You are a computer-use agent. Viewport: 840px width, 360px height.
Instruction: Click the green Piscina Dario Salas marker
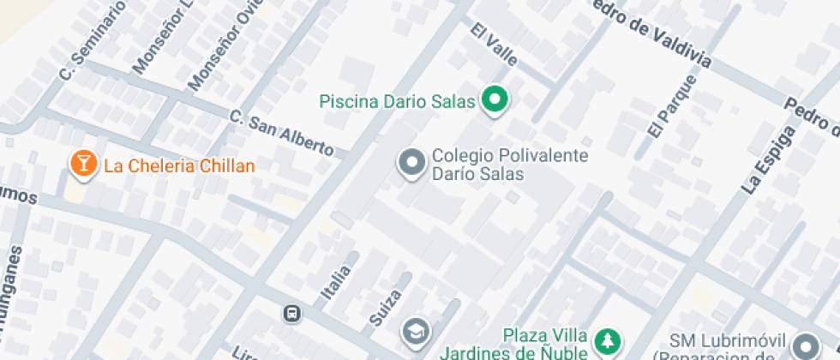point(494,101)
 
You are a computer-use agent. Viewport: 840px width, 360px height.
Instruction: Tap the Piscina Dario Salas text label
point(397,102)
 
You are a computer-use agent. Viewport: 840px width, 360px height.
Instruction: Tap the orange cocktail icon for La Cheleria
point(82,165)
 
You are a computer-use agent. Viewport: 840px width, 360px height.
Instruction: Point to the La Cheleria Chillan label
point(179,165)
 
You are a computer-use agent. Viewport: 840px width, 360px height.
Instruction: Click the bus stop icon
point(291,313)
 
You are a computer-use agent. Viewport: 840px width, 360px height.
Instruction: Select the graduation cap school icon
point(415,331)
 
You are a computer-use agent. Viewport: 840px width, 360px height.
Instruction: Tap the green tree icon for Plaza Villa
point(607,341)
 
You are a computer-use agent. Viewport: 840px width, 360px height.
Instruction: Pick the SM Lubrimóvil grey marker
point(806,345)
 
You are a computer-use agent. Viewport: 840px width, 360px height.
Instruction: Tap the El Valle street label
point(494,45)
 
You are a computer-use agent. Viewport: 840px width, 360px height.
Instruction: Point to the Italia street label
point(336,282)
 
